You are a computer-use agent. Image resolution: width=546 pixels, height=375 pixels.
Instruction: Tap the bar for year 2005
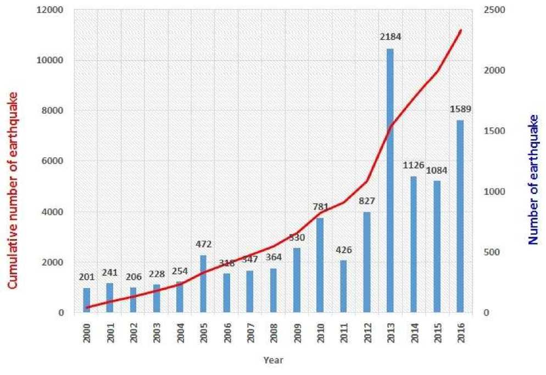(203, 284)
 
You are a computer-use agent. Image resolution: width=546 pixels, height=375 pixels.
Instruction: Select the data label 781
(320, 207)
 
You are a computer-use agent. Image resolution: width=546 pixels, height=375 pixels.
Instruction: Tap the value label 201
(86, 277)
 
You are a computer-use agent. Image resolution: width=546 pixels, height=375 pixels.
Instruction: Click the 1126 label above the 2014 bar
(414, 165)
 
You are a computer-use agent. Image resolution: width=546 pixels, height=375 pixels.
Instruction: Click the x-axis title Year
(273, 361)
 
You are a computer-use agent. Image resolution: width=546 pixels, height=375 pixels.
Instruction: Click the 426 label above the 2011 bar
(343, 250)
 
